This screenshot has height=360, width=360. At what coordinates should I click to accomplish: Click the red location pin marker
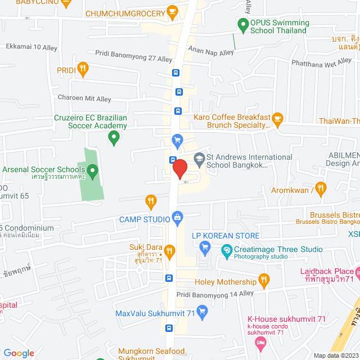click(179, 169)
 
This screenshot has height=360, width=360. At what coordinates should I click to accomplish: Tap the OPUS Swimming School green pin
click(243, 24)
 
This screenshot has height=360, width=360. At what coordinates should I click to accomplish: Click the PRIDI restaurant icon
click(83, 70)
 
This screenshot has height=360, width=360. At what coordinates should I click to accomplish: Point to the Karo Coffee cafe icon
click(277, 118)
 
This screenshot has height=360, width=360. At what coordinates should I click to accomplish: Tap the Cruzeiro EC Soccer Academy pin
click(114, 136)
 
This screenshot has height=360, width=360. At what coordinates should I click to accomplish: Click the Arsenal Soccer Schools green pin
click(93, 169)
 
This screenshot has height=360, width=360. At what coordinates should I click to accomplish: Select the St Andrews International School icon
click(199, 159)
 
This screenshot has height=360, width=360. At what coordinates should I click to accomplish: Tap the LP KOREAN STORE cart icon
click(205, 246)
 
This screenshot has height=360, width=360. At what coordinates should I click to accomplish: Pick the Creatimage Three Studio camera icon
click(227, 250)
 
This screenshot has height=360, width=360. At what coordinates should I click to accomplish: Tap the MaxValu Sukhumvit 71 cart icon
click(202, 310)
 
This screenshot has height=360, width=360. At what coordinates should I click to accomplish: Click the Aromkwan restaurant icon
click(321, 188)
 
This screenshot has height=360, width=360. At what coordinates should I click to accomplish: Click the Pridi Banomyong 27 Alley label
click(134, 59)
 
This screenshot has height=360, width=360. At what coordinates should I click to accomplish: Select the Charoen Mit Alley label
click(84, 98)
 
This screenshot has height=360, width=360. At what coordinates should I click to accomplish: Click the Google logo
click(19, 353)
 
